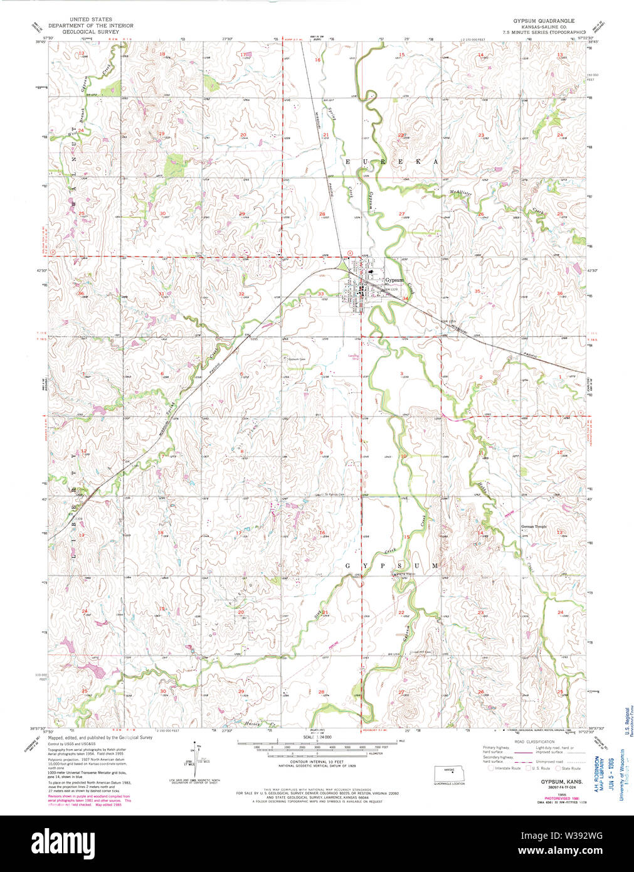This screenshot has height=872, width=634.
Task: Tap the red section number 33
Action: (320, 294)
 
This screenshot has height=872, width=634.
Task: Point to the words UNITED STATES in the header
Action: (91, 20)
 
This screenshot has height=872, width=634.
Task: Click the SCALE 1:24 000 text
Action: (317, 737)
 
